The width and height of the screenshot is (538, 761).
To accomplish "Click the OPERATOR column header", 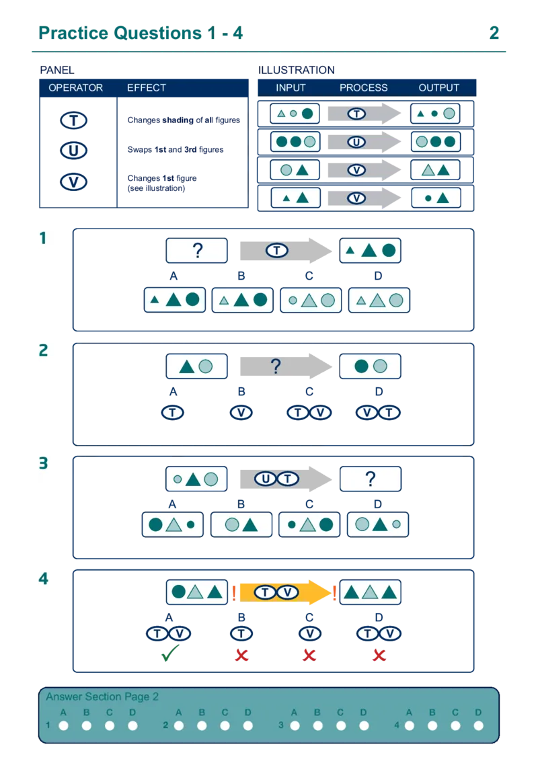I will pyautogui.click(x=75, y=88).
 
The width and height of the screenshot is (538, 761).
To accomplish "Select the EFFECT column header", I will pyautogui.click(x=146, y=88).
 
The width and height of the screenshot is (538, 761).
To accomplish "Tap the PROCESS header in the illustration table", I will pyautogui.click(x=363, y=88).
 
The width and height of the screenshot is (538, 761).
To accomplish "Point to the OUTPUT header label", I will pyautogui.click(x=438, y=88).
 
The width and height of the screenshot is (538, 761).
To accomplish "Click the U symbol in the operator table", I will pyautogui.click(x=73, y=151).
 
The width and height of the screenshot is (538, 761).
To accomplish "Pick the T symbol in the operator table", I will pyautogui.click(x=73, y=121).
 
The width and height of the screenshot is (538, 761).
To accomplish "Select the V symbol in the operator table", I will pyautogui.click(x=73, y=182).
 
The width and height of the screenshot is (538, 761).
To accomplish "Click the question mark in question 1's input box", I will pyautogui.click(x=197, y=251).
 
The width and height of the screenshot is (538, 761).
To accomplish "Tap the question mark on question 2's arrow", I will pyautogui.click(x=275, y=366).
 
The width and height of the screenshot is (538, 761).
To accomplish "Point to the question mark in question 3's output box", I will pyautogui.click(x=370, y=479).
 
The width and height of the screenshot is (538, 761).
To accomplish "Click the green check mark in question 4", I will pyautogui.click(x=168, y=654).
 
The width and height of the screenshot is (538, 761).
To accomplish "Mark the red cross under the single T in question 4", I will pyautogui.click(x=241, y=654).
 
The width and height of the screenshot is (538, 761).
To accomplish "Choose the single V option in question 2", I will pyautogui.click(x=241, y=412).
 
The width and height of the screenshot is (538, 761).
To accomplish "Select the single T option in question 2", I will pyautogui.click(x=173, y=412).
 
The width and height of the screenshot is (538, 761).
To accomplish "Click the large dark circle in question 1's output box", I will pyautogui.click(x=389, y=251).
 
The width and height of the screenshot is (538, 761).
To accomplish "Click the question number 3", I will pyautogui.click(x=44, y=463).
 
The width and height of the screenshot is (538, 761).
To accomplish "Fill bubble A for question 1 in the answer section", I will pyautogui.click(x=64, y=726).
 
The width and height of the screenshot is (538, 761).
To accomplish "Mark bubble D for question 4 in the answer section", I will pyautogui.click(x=478, y=726).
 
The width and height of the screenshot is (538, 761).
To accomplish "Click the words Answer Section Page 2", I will pyautogui.click(x=102, y=697).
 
